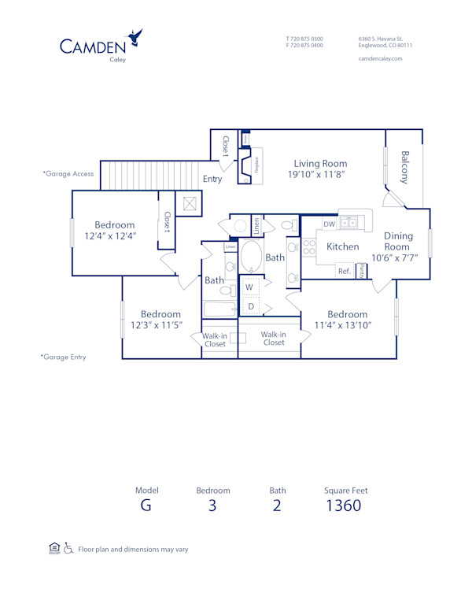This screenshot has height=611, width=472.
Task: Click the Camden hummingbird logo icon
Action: [x=136, y=37]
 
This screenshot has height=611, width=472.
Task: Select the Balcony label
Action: [x=405, y=167]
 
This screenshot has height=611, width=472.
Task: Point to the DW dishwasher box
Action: [x=329, y=224]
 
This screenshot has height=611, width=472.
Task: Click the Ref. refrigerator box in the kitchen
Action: [x=344, y=271]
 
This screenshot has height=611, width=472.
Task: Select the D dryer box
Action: [x=251, y=305]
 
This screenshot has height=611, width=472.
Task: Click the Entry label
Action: [x=212, y=179]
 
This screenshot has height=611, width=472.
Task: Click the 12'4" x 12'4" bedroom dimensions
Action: [x=110, y=235]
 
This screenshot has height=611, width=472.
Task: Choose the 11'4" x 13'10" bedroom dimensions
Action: [x=347, y=324]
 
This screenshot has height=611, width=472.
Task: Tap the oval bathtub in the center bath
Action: [x=253, y=256]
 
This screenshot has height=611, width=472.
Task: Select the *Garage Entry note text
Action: [x=64, y=357]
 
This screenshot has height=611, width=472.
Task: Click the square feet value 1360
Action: [x=343, y=505]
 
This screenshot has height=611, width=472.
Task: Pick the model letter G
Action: [x=146, y=505]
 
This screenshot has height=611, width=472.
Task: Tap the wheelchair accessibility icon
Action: [x=68, y=548]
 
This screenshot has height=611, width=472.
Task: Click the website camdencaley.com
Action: [x=380, y=58]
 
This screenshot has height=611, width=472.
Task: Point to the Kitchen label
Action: [x=342, y=246]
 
